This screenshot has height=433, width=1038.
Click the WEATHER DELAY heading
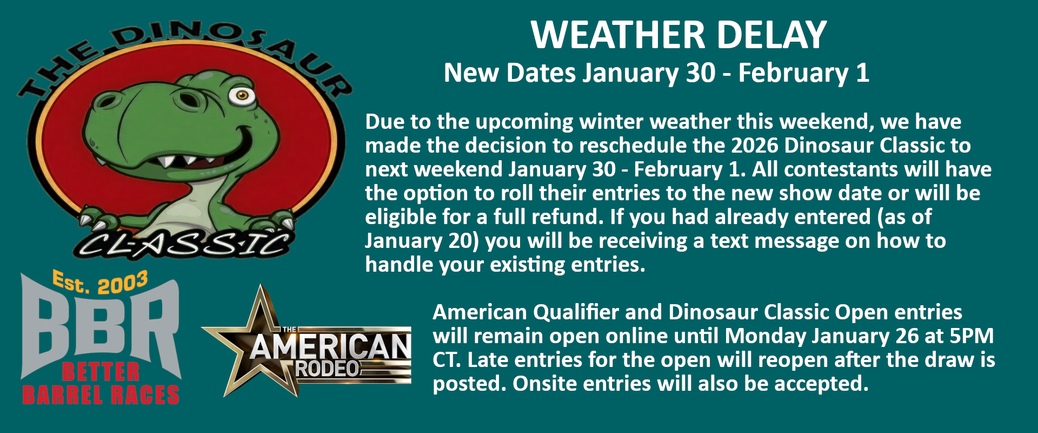(x=679, y=35)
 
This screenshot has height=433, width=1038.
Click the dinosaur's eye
(x=242, y=95)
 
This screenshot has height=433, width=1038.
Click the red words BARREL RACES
(x=101, y=395)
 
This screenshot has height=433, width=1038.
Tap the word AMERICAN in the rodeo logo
(x=330, y=347)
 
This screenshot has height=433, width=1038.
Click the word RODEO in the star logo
(x=328, y=369)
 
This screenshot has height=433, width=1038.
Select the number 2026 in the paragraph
(x=755, y=146)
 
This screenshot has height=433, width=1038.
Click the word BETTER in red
(x=101, y=372)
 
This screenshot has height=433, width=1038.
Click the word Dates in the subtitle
(x=541, y=73)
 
